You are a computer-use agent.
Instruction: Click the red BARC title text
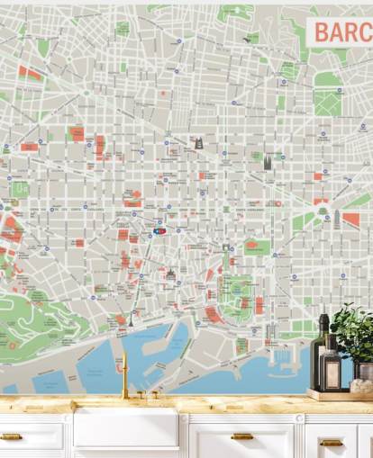pyautogui.click(x=341, y=32)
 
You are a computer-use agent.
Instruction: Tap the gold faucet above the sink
pyautogui.click(x=125, y=376)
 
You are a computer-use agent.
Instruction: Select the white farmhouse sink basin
pyautogui.click(x=125, y=427)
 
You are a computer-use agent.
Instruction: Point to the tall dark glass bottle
pyautogui.click(x=320, y=351)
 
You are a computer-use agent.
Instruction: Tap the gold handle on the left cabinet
pyautogui.click(x=11, y=436)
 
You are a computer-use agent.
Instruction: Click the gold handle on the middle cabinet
pyautogui.click(x=241, y=436)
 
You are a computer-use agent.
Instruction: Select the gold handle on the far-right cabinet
pyautogui.click(x=331, y=442)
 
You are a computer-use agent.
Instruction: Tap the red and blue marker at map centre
pyautogui.click(x=159, y=231)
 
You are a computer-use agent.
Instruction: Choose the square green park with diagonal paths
pyautogui.click(x=327, y=102)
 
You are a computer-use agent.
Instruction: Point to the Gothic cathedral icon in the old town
pyautogui.click(x=170, y=273)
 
